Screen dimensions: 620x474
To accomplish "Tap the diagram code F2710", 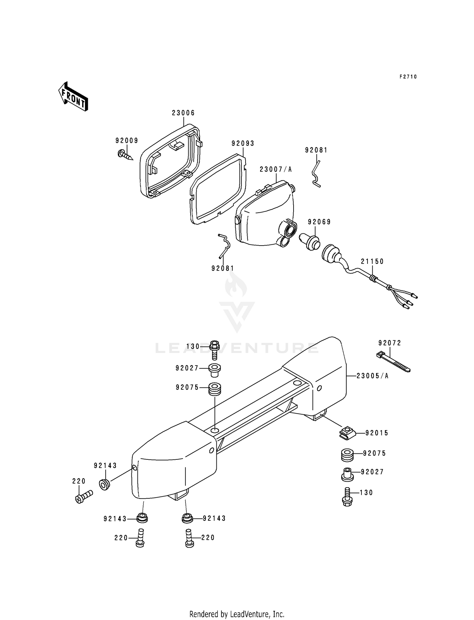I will pyautogui.click(x=408, y=77).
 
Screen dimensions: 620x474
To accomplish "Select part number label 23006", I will pyautogui.click(x=183, y=113).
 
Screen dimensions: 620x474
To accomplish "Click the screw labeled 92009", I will pyautogui.click(x=125, y=155).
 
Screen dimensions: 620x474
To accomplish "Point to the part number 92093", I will pyautogui.click(x=243, y=143).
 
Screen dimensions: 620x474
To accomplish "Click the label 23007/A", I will pyautogui.click(x=276, y=169).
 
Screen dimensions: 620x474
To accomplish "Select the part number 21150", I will pyautogui.click(x=372, y=261).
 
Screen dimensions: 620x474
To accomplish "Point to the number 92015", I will pyautogui.click(x=376, y=433).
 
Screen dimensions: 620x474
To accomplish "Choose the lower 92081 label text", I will pyautogui.click(x=223, y=268).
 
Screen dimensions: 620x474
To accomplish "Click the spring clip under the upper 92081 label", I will pyautogui.click(x=316, y=174).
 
